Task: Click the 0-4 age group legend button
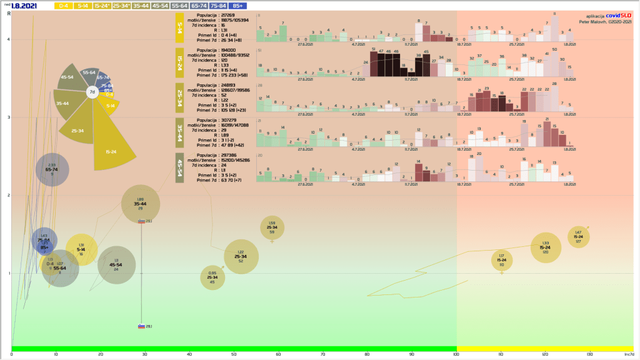[63, 5]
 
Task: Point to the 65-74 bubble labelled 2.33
[52, 169]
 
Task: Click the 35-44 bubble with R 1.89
[141, 204]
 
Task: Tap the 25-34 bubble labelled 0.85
[212, 277]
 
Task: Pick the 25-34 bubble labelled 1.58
[272, 227]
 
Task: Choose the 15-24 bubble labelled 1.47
[578, 236]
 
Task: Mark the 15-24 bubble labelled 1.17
[501, 260]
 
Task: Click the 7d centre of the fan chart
[92, 92]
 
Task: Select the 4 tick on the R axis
[8, 39]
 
